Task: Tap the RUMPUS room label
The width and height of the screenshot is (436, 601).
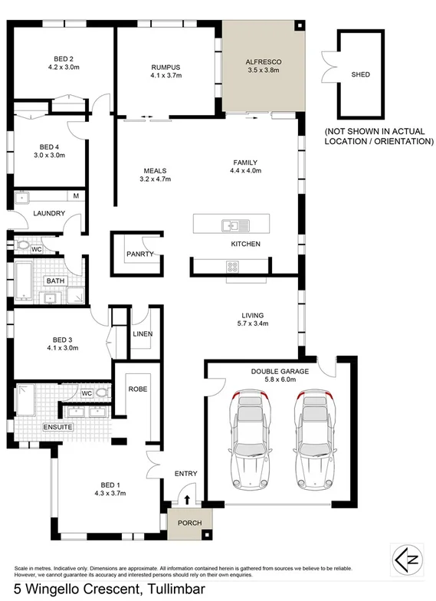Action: click(165, 67)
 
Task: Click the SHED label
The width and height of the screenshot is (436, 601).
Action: click(360, 75)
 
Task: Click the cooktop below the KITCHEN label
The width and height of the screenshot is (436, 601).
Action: click(232, 266)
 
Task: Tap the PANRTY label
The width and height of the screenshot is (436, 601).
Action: click(141, 254)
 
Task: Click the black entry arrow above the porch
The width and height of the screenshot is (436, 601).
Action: click(188, 499)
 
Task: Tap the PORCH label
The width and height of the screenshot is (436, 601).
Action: click(188, 524)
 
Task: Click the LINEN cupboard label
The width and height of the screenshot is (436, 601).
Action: click(143, 334)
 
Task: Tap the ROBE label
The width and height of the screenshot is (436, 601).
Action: click(138, 389)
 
